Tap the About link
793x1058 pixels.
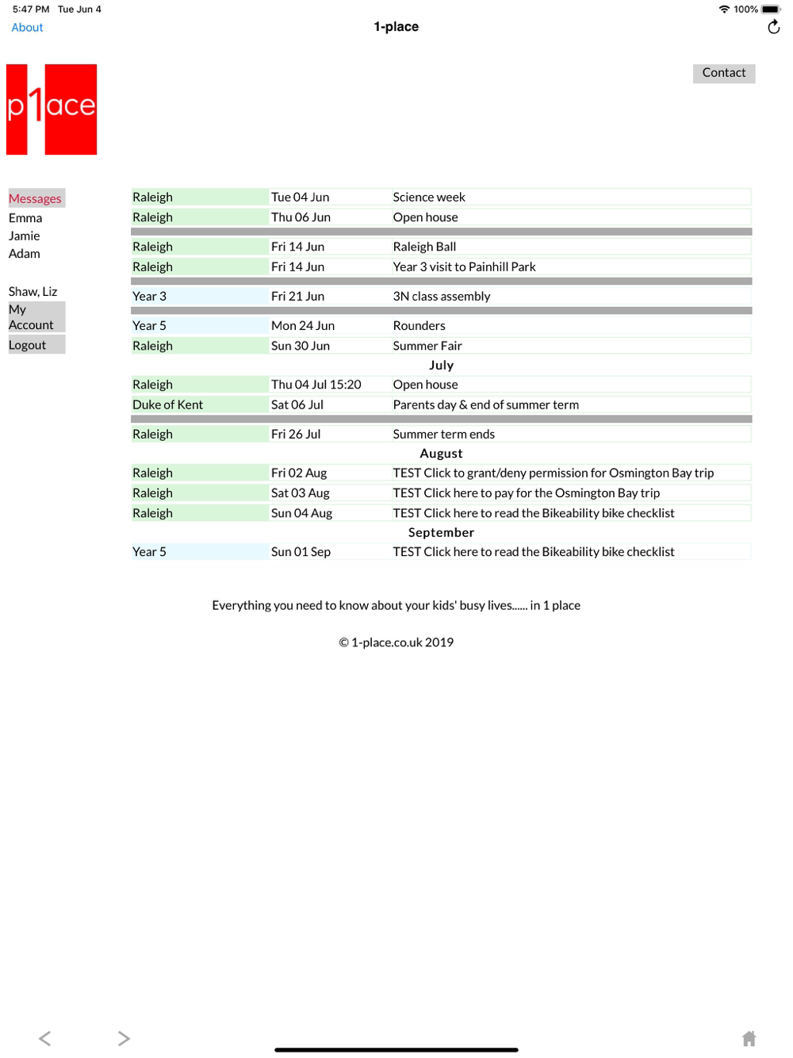27,28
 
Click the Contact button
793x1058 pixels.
723,73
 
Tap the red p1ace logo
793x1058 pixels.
52,109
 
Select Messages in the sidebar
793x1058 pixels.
36,198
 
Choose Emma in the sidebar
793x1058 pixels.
25,218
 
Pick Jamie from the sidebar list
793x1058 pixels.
25,236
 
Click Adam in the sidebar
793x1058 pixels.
25,254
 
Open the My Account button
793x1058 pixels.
36,317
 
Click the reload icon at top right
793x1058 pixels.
773,28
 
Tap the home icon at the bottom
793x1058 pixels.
749,1038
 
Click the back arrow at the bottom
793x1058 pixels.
45,1038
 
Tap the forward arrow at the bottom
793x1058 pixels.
124,1038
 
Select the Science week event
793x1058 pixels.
429,197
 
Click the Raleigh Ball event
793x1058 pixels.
424,247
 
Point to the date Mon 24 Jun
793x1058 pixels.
303,326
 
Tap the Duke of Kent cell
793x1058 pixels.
168,404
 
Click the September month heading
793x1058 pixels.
441,533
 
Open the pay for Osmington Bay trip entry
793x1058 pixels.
527,493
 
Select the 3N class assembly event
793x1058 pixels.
442,297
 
